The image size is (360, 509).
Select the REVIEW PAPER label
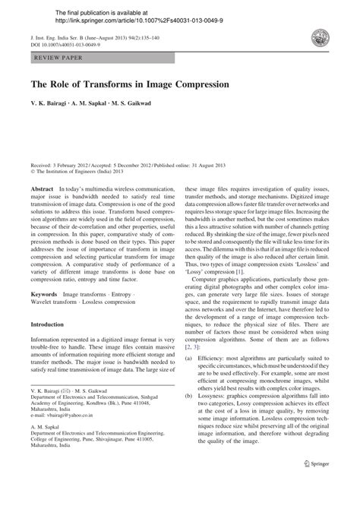pos(54,56)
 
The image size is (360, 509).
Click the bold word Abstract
pos(42,188)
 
